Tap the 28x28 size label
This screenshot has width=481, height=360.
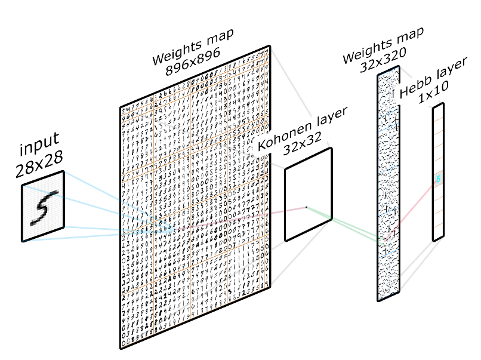[x=39, y=166]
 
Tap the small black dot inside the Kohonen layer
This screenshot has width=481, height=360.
[x=307, y=207]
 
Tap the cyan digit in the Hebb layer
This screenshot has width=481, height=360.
[x=439, y=179]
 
